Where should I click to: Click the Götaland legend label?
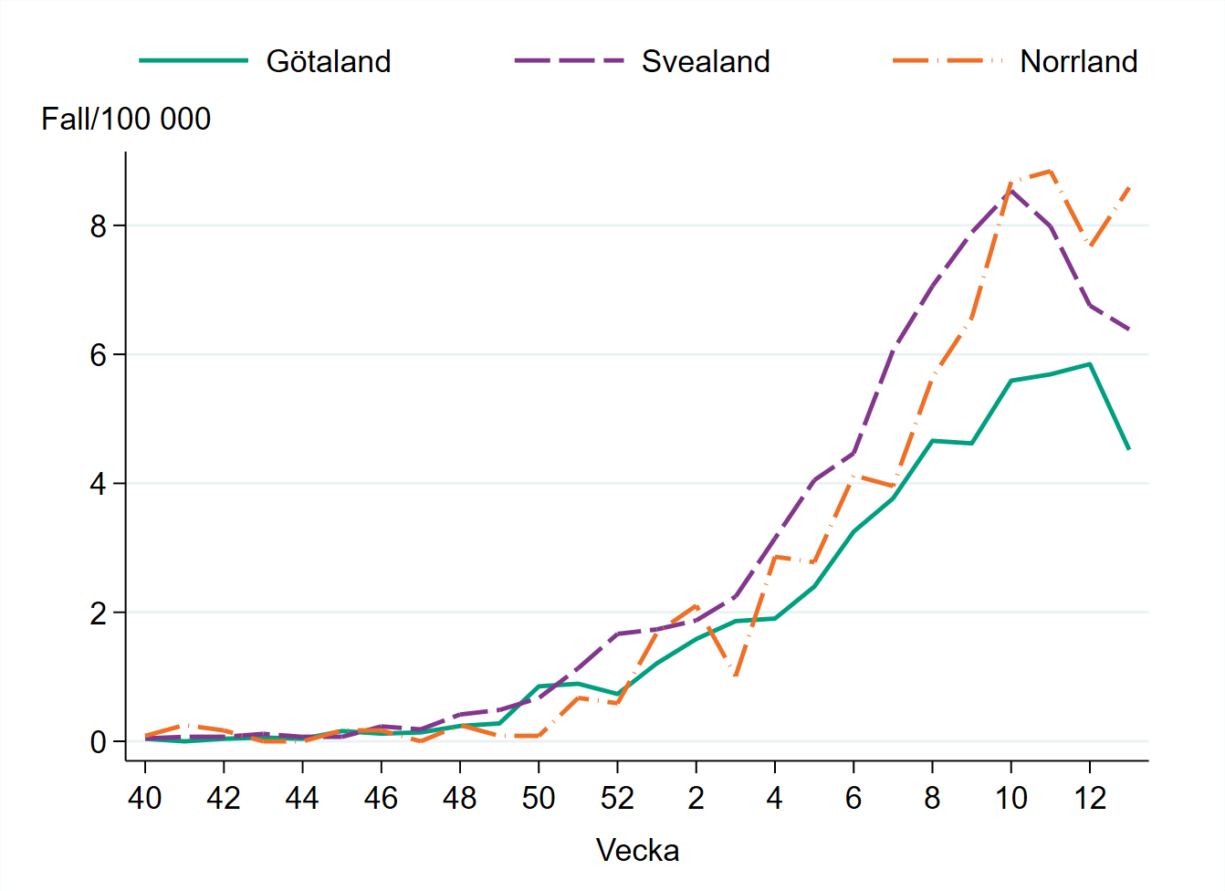pos(329,61)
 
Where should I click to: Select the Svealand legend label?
pos(706,61)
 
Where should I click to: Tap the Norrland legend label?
pos(1078,61)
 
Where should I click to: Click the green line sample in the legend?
pos(194,61)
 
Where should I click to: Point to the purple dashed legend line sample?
pos(569,61)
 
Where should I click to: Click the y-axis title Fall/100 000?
pos(126,119)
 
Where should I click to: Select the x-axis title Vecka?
pos(637,850)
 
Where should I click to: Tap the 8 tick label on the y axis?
pos(99,225)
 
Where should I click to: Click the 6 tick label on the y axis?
pos(99,355)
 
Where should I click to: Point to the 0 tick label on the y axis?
pos(99,742)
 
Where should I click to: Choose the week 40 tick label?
pos(145,798)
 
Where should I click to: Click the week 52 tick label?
pos(617,798)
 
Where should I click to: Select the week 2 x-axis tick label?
pos(696,798)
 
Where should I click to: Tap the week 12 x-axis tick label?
pos(1090,798)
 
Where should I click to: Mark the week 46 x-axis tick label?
pos(381,798)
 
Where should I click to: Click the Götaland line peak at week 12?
pos(1090,364)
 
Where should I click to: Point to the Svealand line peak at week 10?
pos(1011,190)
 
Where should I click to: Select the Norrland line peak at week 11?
pos(1051,172)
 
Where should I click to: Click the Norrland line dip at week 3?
pos(736,676)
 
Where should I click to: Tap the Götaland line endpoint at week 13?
pos(1129,449)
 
